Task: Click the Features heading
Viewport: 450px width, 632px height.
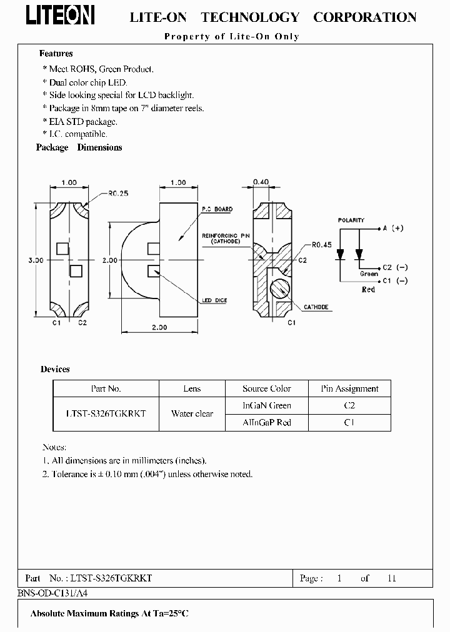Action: pyautogui.click(x=56, y=54)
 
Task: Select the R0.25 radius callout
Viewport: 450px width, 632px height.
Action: pyautogui.click(x=118, y=194)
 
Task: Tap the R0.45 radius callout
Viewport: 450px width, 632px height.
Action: pyautogui.click(x=322, y=245)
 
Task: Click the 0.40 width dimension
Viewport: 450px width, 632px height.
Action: pyautogui.click(x=261, y=182)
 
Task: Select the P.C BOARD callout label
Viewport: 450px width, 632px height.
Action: pyautogui.click(x=217, y=209)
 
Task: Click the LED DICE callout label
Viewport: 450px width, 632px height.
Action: pyautogui.click(x=214, y=300)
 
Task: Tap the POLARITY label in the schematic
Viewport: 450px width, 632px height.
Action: pyautogui.click(x=351, y=220)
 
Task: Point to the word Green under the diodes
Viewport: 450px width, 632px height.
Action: pyautogui.click(x=369, y=274)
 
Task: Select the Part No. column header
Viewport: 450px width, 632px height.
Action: pyautogui.click(x=106, y=388)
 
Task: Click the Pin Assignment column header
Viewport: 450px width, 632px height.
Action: pyautogui.click(x=349, y=388)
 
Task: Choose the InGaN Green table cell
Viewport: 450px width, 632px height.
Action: pyautogui.click(x=267, y=405)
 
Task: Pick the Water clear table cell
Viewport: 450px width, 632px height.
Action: pyautogui.click(x=192, y=413)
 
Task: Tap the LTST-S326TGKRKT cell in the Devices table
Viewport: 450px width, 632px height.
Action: pyautogui.click(x=106, y=413)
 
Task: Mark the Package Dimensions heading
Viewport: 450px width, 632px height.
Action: pyautogui.click(x=79, y=147)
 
